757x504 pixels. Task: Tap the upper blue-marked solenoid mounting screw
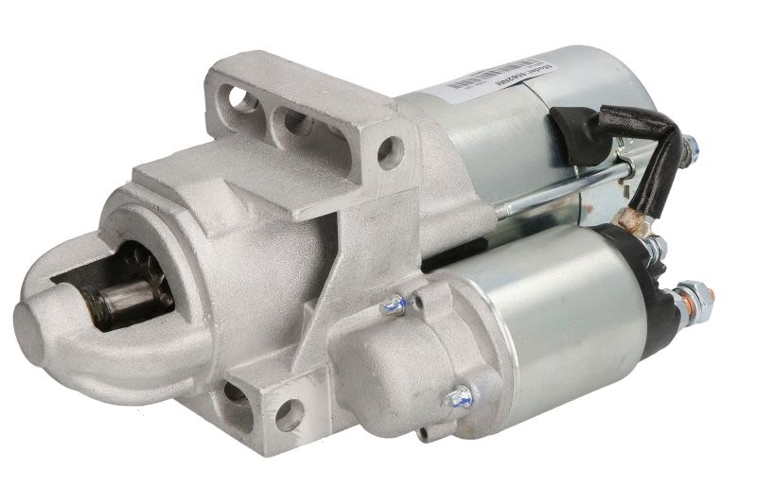point(394,305)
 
